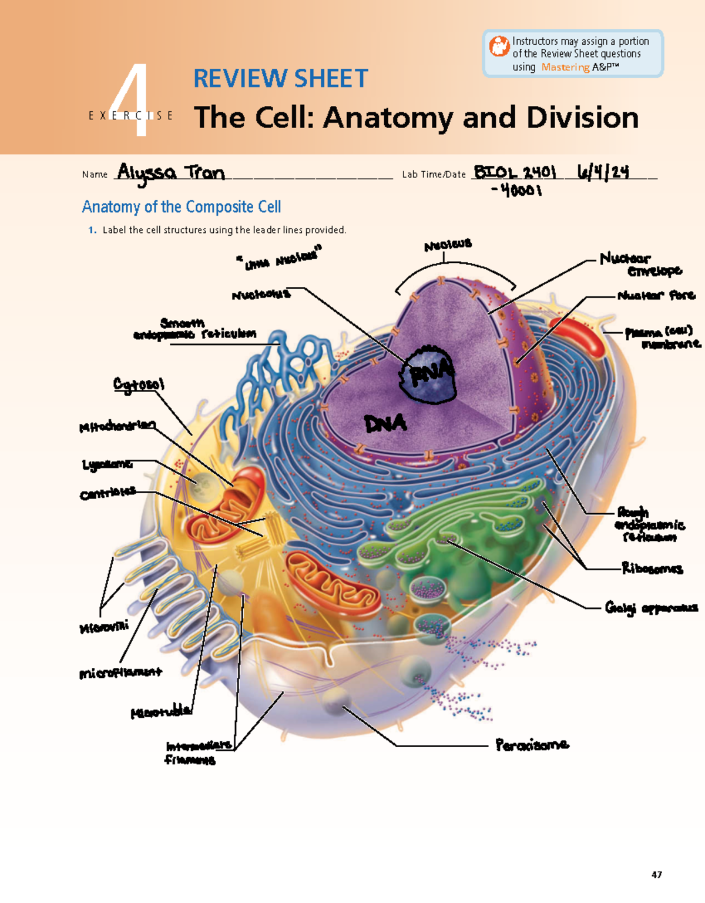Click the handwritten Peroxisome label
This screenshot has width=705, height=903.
[x=532, y=745]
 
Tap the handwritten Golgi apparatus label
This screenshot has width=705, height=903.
[x=651, y=608]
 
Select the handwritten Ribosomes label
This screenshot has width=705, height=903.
[x=652, y=568]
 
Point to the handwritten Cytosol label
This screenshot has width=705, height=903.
[x=139, y=384]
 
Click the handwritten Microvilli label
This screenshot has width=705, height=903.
[x=104, y=627]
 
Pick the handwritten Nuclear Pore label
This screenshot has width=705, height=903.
[x=656, y=295]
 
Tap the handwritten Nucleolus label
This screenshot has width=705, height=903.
[x=261, y=295]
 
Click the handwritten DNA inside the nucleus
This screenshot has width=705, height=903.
[x=385, y=423]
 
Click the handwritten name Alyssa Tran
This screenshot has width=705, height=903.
[x=170, y=173]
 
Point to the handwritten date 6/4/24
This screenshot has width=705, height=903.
[x=603, y=172]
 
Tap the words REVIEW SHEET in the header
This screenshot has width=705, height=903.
[x=280, y=79]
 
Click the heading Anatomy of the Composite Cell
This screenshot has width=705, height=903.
[x=181, y=207]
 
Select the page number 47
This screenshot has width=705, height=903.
[x=656, y=875]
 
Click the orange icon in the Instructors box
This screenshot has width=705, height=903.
[x=499, y=46]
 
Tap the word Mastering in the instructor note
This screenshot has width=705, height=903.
[x=565, y=67]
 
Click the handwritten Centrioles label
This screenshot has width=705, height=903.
[x=108, y=493]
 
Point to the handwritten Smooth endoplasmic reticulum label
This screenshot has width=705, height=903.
[x=194, y=329]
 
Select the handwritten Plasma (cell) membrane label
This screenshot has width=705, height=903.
[x=662, y=337]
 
